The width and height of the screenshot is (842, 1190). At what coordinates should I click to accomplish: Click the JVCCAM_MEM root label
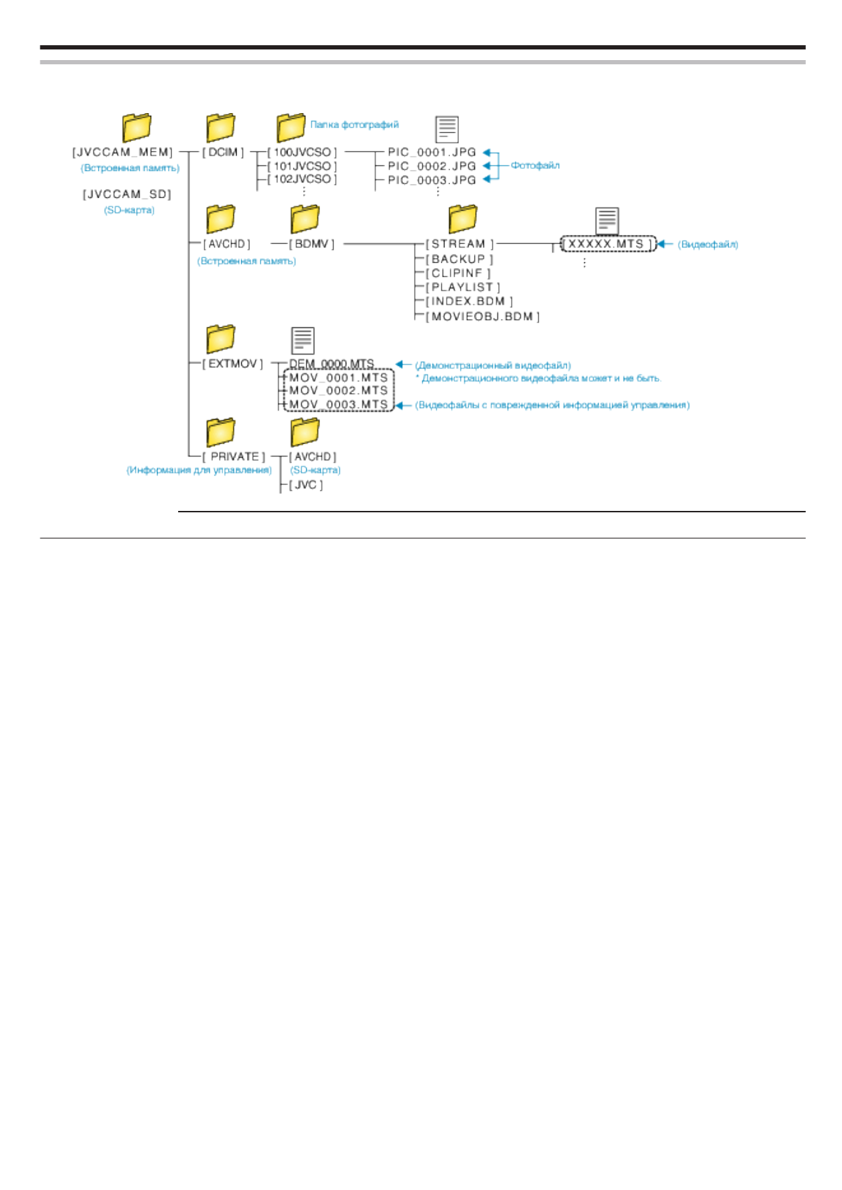(122, 152)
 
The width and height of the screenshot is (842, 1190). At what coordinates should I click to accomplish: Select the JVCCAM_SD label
(127, 194)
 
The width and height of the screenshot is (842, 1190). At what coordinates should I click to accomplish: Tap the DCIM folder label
(223, 152)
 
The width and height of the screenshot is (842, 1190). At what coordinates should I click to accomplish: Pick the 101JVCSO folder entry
(302, 166)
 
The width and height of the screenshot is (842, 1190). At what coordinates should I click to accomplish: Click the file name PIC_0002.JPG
(431, 166)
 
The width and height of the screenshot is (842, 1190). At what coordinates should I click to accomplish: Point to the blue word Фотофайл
(535, 165)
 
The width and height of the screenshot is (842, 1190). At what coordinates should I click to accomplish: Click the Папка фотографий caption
(354, 124)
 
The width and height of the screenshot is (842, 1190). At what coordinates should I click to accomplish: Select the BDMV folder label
(311, 244)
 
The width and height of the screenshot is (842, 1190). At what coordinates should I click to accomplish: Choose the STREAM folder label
(460, 244)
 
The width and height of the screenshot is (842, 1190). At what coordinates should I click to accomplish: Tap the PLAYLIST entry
(462, 287)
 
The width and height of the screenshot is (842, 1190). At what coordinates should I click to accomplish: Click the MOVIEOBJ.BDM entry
(482, 316)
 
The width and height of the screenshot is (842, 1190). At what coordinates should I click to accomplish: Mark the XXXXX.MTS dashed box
(607, 244)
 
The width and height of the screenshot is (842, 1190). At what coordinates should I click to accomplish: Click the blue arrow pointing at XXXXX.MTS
(665, 244)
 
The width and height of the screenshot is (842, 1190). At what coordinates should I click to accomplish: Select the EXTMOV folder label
(233, 364)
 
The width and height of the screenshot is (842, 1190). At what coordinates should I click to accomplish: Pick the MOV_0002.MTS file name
(338, 390)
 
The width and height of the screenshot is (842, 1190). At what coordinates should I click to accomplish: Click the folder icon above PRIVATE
(221, 432)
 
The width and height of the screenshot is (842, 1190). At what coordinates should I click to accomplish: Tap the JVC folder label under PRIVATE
(305, 485)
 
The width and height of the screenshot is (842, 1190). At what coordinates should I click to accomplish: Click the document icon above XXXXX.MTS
(607, 220)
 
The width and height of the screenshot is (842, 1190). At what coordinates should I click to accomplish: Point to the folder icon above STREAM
(462, 218)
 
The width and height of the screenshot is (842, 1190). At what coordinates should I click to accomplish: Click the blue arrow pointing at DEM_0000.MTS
(403, 365)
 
